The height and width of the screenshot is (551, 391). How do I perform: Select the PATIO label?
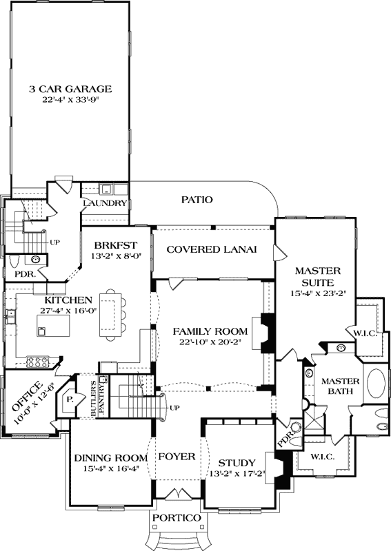point(197,200)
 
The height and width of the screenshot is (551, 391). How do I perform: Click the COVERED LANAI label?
point(212,249)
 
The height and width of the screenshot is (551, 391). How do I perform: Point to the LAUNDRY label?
point(105,203)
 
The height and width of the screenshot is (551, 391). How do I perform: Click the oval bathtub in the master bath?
point(374,383)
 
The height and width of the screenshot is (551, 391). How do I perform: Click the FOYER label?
point(177,456)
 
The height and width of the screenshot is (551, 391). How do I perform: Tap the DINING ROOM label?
point(110,457)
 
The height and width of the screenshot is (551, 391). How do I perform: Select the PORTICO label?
point(177,517)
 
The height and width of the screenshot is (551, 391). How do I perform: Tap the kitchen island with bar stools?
point(111,315)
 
